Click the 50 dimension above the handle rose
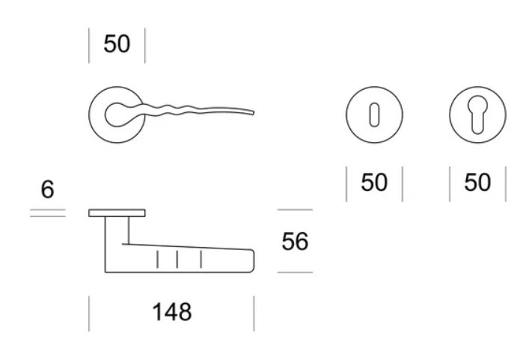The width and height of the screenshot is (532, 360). pyautogui.click(x=117, y=43)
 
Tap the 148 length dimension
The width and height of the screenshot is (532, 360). pyautogui.click(x=171, y=312)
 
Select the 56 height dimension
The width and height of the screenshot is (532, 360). pyautogui.click(x=295, y=242)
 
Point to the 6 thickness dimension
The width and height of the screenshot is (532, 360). pyautogui.click(x=47, y=189)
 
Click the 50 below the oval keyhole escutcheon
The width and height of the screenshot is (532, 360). pyautogui.click(x=374, y=183)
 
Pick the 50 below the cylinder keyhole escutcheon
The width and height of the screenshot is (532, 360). pyautogui.click(x=477, y=183)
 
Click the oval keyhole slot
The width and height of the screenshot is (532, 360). pyautogui.click(x=374, y=115)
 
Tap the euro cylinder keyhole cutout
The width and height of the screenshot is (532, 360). pyautogui.click(x=477, y=115)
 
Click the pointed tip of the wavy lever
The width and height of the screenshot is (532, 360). pyautogui.click(x=254, y=113)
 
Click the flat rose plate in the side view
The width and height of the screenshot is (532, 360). pyautogui.click(x=117, y=213)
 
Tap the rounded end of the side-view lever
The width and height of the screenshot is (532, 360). pyautogui.click(x=253, y=261)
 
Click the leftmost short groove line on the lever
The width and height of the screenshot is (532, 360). pyautogui.click(x=157, y=260)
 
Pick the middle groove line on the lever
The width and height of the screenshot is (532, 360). pyautogui.click(x=177, y=260)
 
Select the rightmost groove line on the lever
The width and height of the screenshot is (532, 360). pyautogui.click(x=201, y=260)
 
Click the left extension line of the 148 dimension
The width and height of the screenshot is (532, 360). pyautogui.click(x=89, y=314)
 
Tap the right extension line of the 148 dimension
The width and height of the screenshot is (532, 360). pyautogui.click(x=254, y=314)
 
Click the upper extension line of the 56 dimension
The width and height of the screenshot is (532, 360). pyautogui.click(x=295, y=210)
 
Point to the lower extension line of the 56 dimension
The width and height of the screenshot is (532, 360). pyautogui.click(x=295, y=272)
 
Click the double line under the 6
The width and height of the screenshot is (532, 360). pyautogui.click(x=48, y=213)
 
